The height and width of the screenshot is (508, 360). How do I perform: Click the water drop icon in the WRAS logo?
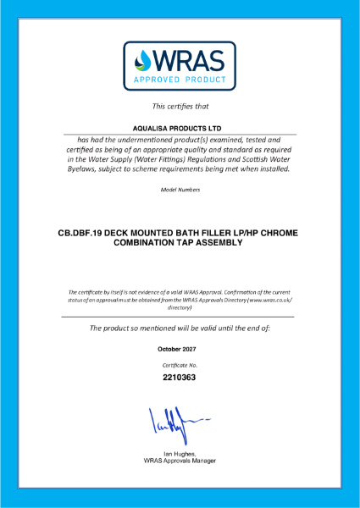[x=144, y=61]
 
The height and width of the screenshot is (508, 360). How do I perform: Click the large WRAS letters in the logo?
[x=191, y=60]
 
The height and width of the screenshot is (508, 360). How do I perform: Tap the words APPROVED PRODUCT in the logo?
[x=180, y=81]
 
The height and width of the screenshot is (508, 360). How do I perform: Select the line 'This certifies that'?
[x=180, y=106]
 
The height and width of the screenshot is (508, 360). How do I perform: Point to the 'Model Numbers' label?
[x=180, y=189]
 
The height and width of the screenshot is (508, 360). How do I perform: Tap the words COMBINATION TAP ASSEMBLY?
[x=180, y=242]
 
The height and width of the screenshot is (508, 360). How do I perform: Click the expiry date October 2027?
[x=180, y=349]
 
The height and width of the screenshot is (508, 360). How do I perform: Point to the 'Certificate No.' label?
[x=180, y=364]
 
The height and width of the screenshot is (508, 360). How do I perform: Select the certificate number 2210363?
[x=180, y=378]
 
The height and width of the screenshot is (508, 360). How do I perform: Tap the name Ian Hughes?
[x=179, y=453]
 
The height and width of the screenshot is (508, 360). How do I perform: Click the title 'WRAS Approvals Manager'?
[x=180, y=461]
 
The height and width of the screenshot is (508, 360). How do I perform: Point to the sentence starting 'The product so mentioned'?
[x=180, y=328]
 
